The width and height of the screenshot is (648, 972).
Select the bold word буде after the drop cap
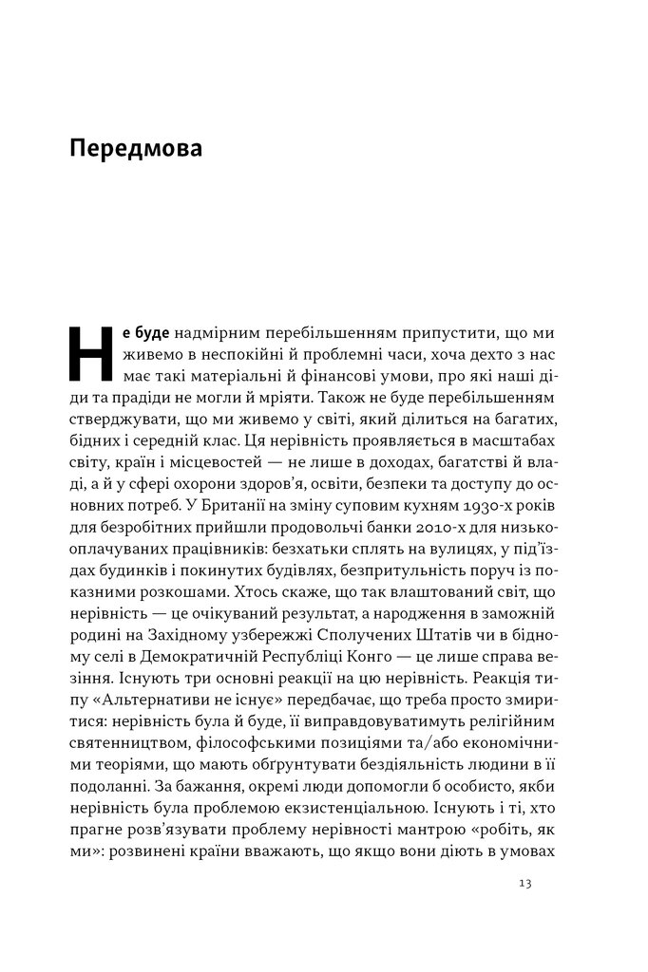point(151,336)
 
